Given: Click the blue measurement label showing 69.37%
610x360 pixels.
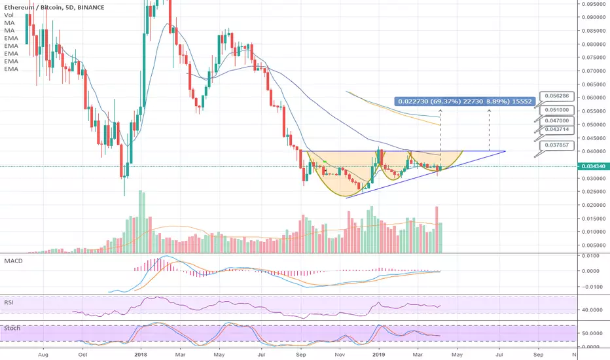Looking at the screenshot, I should pos(465,101).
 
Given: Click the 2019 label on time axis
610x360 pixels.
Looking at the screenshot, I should pos(379,353).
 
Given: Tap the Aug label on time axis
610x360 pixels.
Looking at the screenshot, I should pos(43,353).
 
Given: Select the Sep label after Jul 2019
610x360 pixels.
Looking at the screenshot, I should pos(538,353).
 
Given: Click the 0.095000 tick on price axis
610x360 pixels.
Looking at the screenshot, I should pos(594,3).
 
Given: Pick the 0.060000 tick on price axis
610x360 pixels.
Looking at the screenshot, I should pos(594,98).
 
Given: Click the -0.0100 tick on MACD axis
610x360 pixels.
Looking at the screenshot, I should pos(592,286).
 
